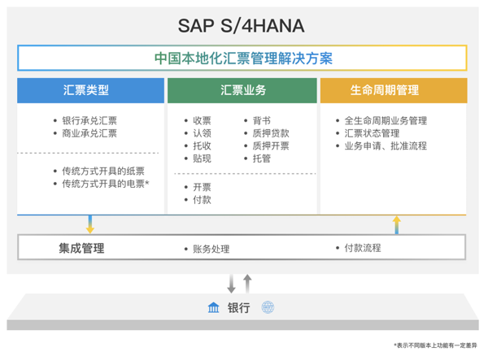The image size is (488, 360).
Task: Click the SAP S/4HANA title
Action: [242, 25]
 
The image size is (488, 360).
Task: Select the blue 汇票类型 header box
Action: [90, 90]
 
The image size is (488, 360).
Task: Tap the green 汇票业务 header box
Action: [242, 90]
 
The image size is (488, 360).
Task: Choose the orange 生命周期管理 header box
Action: [394, 90]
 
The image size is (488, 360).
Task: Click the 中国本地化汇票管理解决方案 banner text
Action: [243, 59]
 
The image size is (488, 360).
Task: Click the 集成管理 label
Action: [81, 248]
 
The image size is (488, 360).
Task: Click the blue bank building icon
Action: [213, 307]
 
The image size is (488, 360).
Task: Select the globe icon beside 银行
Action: [268, 307]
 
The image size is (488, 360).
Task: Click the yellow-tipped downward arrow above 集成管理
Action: [90, 224]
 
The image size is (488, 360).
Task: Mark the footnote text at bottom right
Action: [435, 345]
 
